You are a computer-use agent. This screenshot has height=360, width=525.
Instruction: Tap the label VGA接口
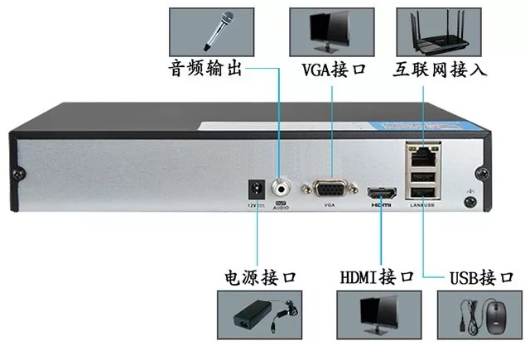point(335,70)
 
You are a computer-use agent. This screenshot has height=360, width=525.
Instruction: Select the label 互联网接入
point(440,70)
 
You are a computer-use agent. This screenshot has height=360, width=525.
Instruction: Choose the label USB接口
point(479,276)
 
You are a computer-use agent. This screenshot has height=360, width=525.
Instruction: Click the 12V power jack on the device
point(257,188)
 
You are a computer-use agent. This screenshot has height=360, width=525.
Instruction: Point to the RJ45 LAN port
point(421,153)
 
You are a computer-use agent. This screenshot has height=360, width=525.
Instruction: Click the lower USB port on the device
point(421,192)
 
